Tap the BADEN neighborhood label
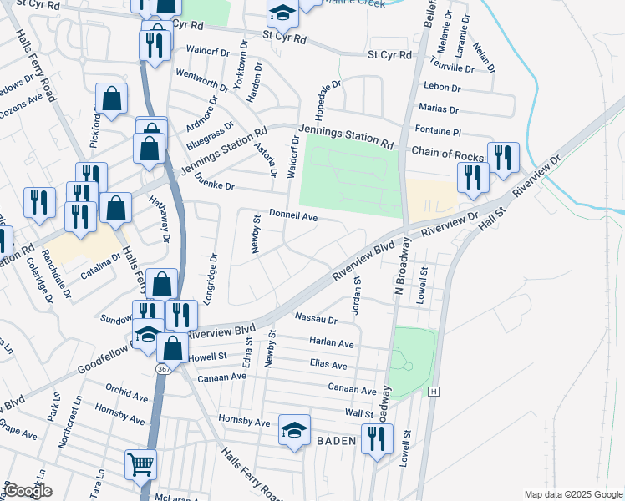(337, 440)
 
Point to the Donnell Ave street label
(293, 216)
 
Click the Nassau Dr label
(316, 319)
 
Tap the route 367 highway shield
(163, 368)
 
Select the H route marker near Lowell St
(433, 391)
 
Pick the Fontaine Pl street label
(438, 132)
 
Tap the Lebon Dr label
(442, 87)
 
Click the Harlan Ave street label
(332, 343)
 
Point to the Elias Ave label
(328, 365)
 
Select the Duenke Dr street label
(215, 187)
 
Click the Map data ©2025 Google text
(572, 494)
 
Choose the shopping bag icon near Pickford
(111, 99)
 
